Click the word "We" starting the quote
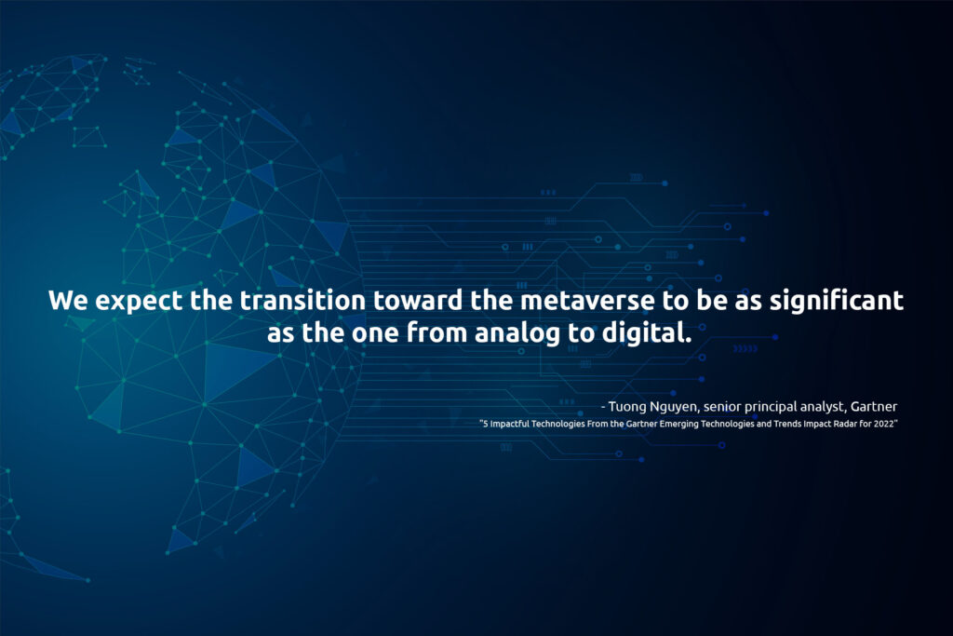(x=67, y=300)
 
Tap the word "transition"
(x=302, y=300)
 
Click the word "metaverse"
(x=588, y=301)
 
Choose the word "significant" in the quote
(x=837, y=302)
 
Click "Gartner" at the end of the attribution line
(x=874, y=406)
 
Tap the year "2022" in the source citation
(x=884, y=423)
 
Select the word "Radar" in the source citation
(x=845, y=423)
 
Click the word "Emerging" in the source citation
(x=678, y=424)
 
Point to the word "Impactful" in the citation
(x=509, y=424)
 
